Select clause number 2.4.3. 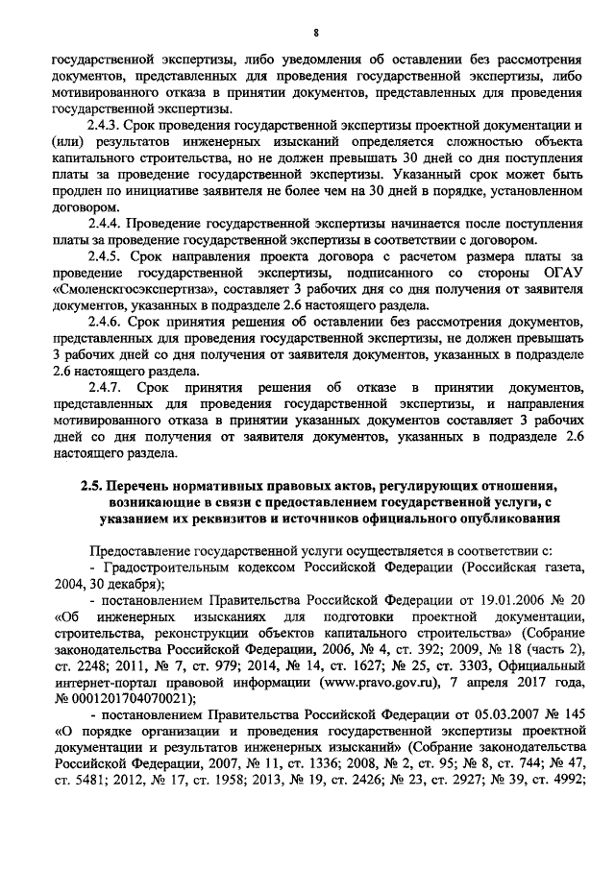[105, 126]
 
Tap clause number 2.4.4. [105, 223]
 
